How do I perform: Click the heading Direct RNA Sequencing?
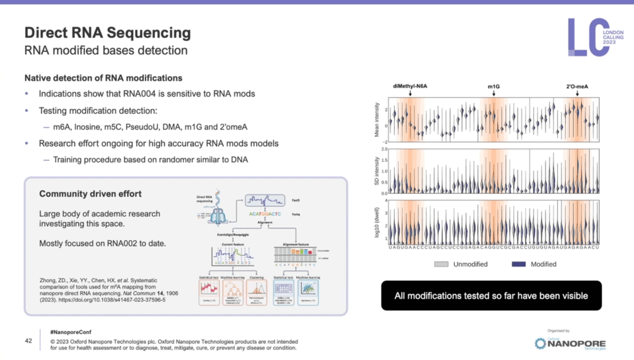(107, 32)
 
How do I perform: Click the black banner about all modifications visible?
(491, 296)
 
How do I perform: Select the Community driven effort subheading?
(90, 194)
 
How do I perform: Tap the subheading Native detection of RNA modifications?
(103, 78)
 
